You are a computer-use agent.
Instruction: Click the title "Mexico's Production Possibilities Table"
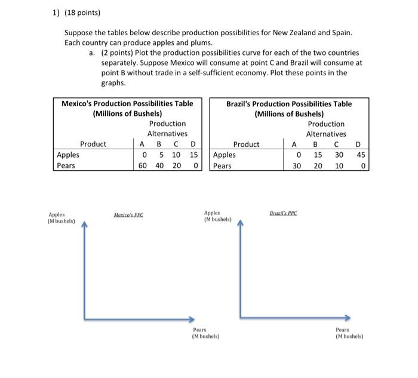[128, 103]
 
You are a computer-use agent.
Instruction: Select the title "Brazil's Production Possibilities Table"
[289, 103]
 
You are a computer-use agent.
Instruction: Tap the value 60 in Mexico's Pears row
[142, 165]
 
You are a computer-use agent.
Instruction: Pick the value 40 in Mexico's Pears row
[159, 165]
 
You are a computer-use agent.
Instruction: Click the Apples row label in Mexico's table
[67, 154]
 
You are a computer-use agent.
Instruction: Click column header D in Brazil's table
[358, 144]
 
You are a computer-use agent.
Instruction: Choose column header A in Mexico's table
[142, 144]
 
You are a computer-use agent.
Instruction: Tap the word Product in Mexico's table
[93, 144]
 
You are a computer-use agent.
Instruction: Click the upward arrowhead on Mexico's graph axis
[84, 225]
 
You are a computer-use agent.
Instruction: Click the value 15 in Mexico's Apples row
[193, 154]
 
